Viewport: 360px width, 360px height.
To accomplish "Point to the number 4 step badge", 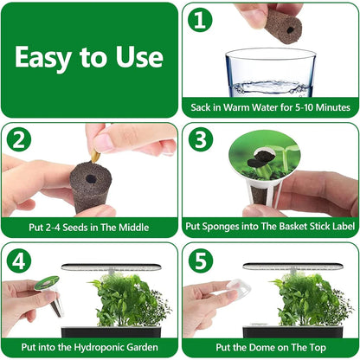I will (x=20, y=260).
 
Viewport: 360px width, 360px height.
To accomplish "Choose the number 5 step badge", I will (x=200, y=260).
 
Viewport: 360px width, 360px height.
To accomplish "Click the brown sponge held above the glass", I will (x=280, y=21).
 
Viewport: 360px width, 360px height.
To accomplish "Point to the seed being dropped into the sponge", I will (x=94, y=155).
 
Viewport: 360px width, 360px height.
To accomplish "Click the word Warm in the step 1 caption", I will (x=250, y=108).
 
